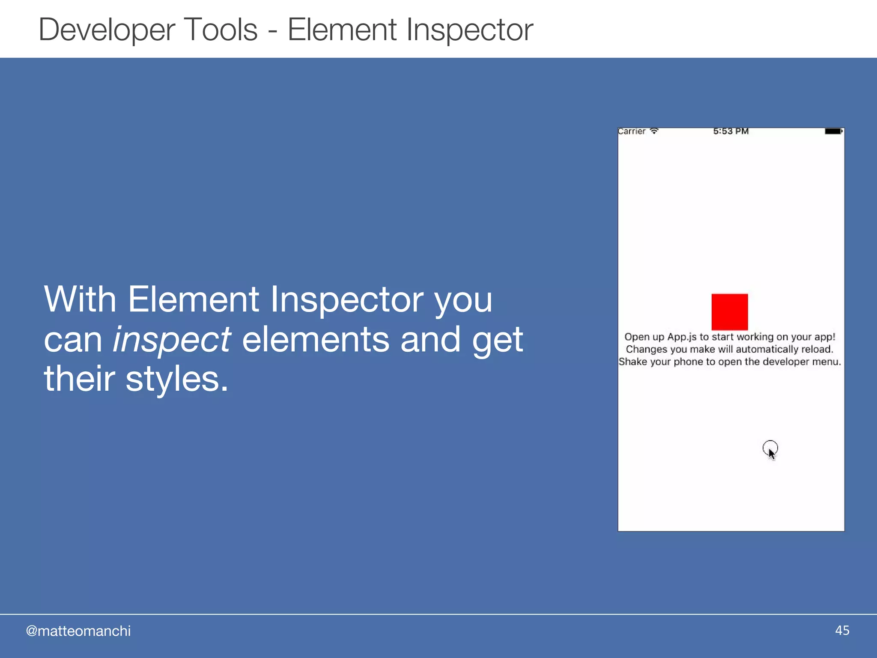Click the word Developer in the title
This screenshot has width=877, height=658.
pos(107,30)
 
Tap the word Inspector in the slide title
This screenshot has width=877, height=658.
pos(469,30)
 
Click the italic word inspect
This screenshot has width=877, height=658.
pos(172,340)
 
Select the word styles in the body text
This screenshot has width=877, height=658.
pos(176,380)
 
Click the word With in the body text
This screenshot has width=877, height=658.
pos(80,299)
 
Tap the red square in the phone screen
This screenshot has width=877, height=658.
pos(730,312)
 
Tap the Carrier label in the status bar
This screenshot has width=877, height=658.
pos(632,132)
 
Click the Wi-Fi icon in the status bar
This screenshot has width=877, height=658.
pos(654,131)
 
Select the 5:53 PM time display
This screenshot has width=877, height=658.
pos(731,131)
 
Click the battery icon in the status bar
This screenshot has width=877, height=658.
pos(833,131)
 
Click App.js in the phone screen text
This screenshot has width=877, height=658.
pos(682,337)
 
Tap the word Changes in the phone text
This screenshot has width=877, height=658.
pos(646,350)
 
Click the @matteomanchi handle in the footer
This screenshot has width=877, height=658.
pos(78,631)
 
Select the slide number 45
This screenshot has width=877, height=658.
pos(842,631)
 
